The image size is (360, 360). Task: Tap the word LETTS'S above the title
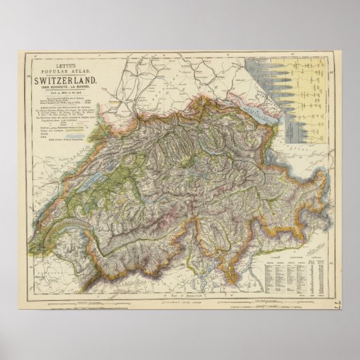(x=66, y=62)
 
